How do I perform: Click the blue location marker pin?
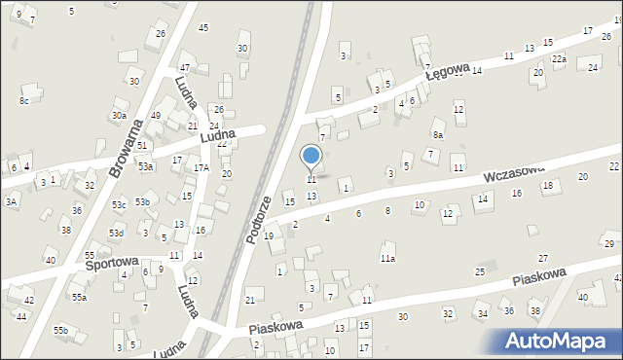click(x=311, y=157)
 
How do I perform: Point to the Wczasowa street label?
click(x=513, y=175)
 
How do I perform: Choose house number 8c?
click(x=23, y=100)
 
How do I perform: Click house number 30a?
click(x=119, y=115)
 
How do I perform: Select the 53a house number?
click(x=145, y=166)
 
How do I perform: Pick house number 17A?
click(x=201, y=167)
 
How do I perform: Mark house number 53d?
click(x=116, y=234)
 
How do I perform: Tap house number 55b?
click(x=60, y=331)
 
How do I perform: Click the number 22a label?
click(x=559, y=59)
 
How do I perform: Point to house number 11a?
click(x=387, y=258)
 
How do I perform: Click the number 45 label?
click(x=202, y=27)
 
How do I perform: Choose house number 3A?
click(x=11, y=201)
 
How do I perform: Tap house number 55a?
click(x=77, y=297)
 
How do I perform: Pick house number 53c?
click(x=118, y=204)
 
